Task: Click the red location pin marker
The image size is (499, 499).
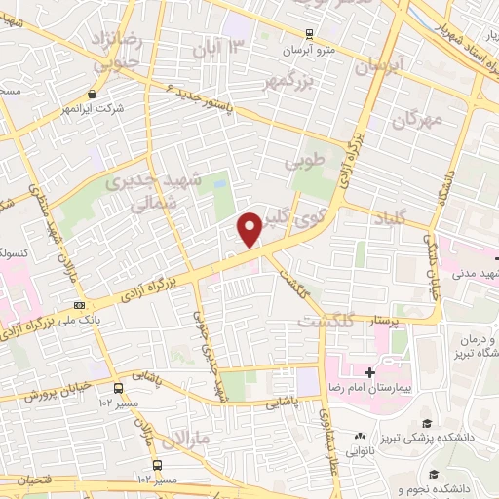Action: (250, 231)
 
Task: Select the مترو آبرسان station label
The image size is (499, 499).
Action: (314, 50)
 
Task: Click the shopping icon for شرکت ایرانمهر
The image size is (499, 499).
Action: (92, 95)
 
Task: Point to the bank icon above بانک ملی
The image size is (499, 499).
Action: (79, 304)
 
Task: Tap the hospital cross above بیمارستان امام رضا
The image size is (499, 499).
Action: (369, 372)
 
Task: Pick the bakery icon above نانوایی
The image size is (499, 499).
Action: (361, 436)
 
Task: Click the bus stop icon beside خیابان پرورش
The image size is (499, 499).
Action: (118, 386)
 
